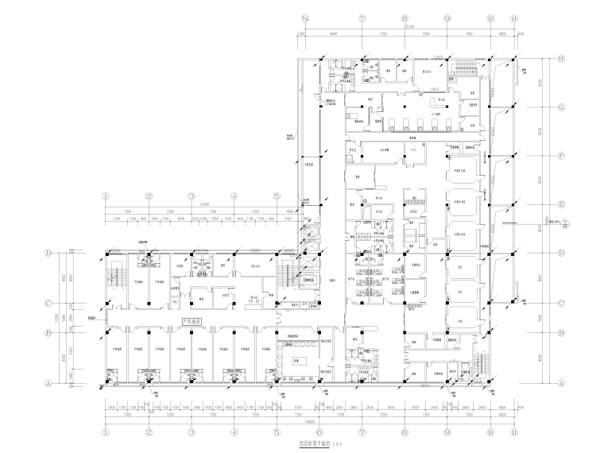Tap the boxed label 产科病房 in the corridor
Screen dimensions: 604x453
[192, 322]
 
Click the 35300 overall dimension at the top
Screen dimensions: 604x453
[408, 26]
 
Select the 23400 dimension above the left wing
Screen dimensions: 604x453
[191, 204]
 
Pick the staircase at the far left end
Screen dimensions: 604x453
[116, 277]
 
